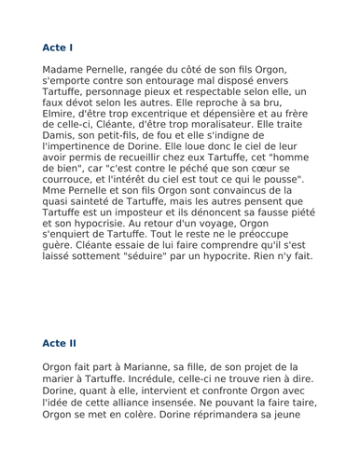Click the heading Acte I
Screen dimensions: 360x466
[59, 46]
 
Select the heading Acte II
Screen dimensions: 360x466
[62, 343]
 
